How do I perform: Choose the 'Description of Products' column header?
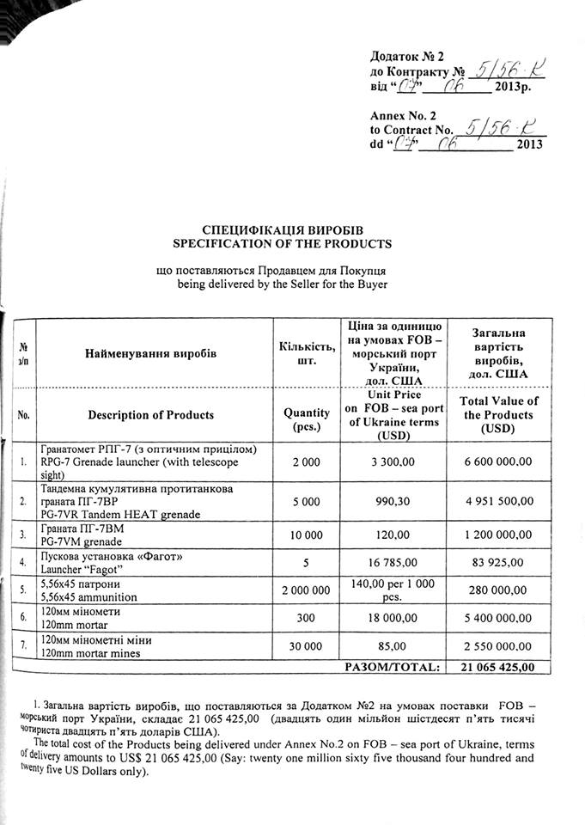tap(151, 415)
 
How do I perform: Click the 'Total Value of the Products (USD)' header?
tap(498, 414)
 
